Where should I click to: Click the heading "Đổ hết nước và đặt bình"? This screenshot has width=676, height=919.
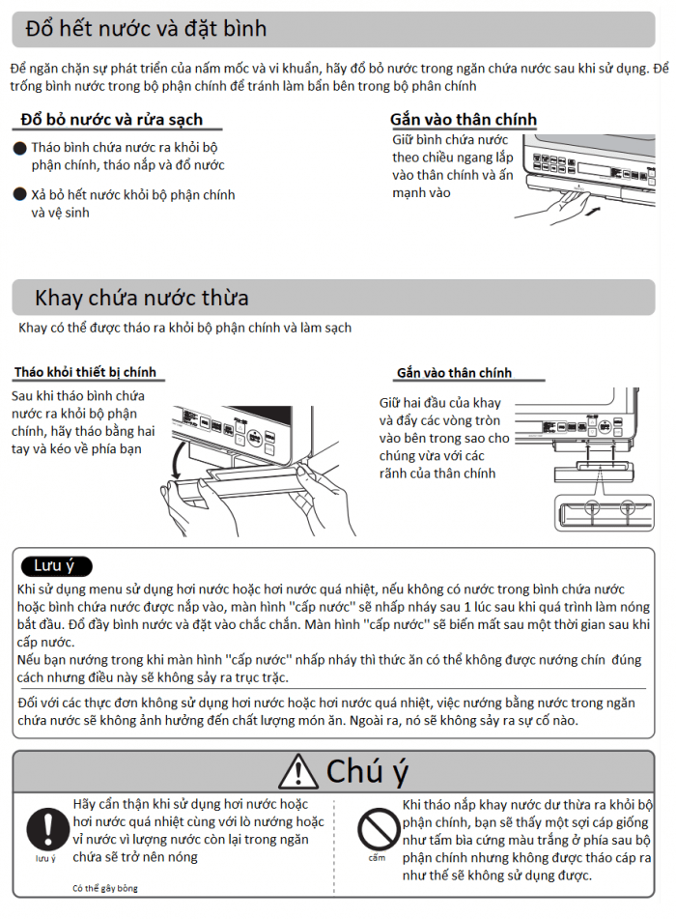(x=146, y=29)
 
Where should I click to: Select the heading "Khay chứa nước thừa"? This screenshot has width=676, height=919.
(x=142, y=297)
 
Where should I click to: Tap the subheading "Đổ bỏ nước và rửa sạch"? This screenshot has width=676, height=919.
(x=111, y=120)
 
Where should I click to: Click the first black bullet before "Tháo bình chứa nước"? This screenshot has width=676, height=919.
(x=19, y=148)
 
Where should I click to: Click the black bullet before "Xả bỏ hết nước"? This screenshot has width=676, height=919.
(x=19, y=195)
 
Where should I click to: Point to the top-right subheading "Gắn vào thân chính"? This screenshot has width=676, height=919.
(x=464, y=120)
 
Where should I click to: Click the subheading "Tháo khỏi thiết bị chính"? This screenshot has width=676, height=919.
(x=84, y=373)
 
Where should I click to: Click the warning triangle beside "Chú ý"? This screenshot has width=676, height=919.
(x=297, y=771)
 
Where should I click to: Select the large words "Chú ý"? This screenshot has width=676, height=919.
(x=367, y=771)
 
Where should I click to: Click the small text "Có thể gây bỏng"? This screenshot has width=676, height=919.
(x=105, y=888)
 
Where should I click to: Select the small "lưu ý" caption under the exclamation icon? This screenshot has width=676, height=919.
(x=45, y=858)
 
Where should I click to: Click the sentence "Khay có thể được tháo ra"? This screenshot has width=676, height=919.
(x=184, y=328)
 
